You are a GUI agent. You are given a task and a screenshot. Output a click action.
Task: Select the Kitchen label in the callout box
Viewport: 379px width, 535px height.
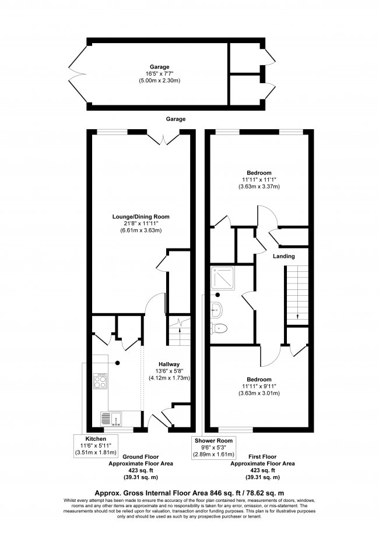click(x=95, y=438)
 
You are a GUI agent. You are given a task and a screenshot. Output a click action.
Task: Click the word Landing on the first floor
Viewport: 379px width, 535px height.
click(x=283, y=256)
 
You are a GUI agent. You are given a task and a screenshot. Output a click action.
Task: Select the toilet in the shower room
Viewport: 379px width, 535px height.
click(x=219, y=328)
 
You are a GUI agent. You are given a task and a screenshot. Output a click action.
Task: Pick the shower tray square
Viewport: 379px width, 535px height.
click(x=224, y=279)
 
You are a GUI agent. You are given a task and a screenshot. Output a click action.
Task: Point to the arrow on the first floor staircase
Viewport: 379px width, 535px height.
click(x=297, y=316)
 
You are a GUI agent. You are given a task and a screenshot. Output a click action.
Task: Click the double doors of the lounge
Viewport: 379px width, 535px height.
click(x=164, y=138)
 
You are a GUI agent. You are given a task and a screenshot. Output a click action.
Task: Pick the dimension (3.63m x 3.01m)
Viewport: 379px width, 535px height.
click(x=259, y=394)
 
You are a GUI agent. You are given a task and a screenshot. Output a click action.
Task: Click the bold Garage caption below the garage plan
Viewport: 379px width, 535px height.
click(x=176, y=119)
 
